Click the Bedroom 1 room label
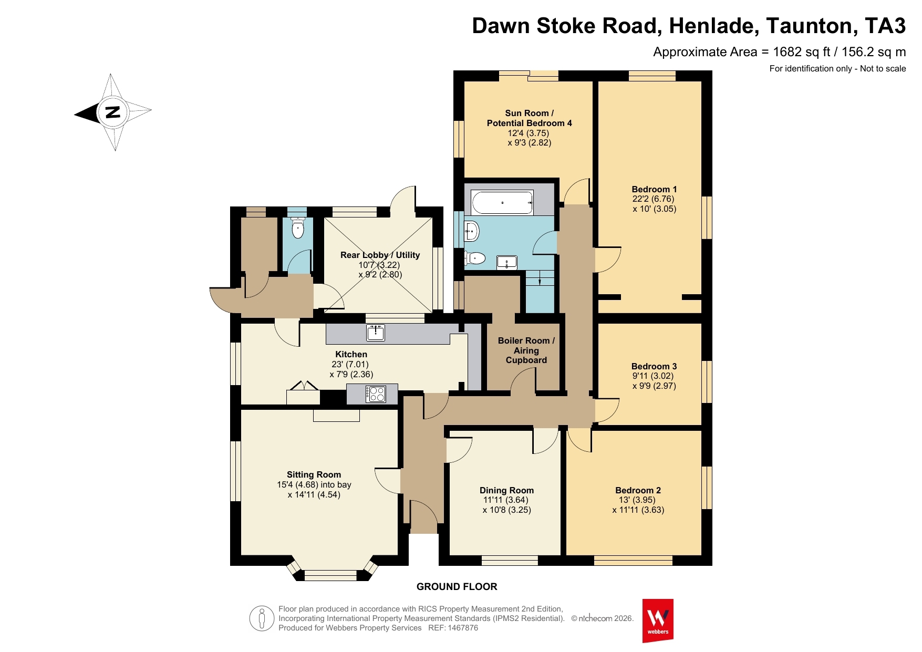coord(654,189)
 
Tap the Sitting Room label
coord(314,474)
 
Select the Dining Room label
coord(506,490)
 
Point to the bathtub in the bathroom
coord(503,202)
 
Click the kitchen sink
coord(376,332)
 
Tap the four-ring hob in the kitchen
coord(376,394)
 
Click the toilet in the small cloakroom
coord(298,228)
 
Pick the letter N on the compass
coord(112,112)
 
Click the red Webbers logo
coord(658,620)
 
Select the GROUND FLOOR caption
coord(457,586)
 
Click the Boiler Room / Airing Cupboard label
coord(526,350)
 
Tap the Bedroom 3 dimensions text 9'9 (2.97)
coord(654,386)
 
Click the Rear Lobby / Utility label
coord(380,255)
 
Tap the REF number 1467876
coord(462,628)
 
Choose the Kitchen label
coord(351,354)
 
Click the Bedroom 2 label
coord(638,490)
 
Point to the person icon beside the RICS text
coord(261,618)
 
